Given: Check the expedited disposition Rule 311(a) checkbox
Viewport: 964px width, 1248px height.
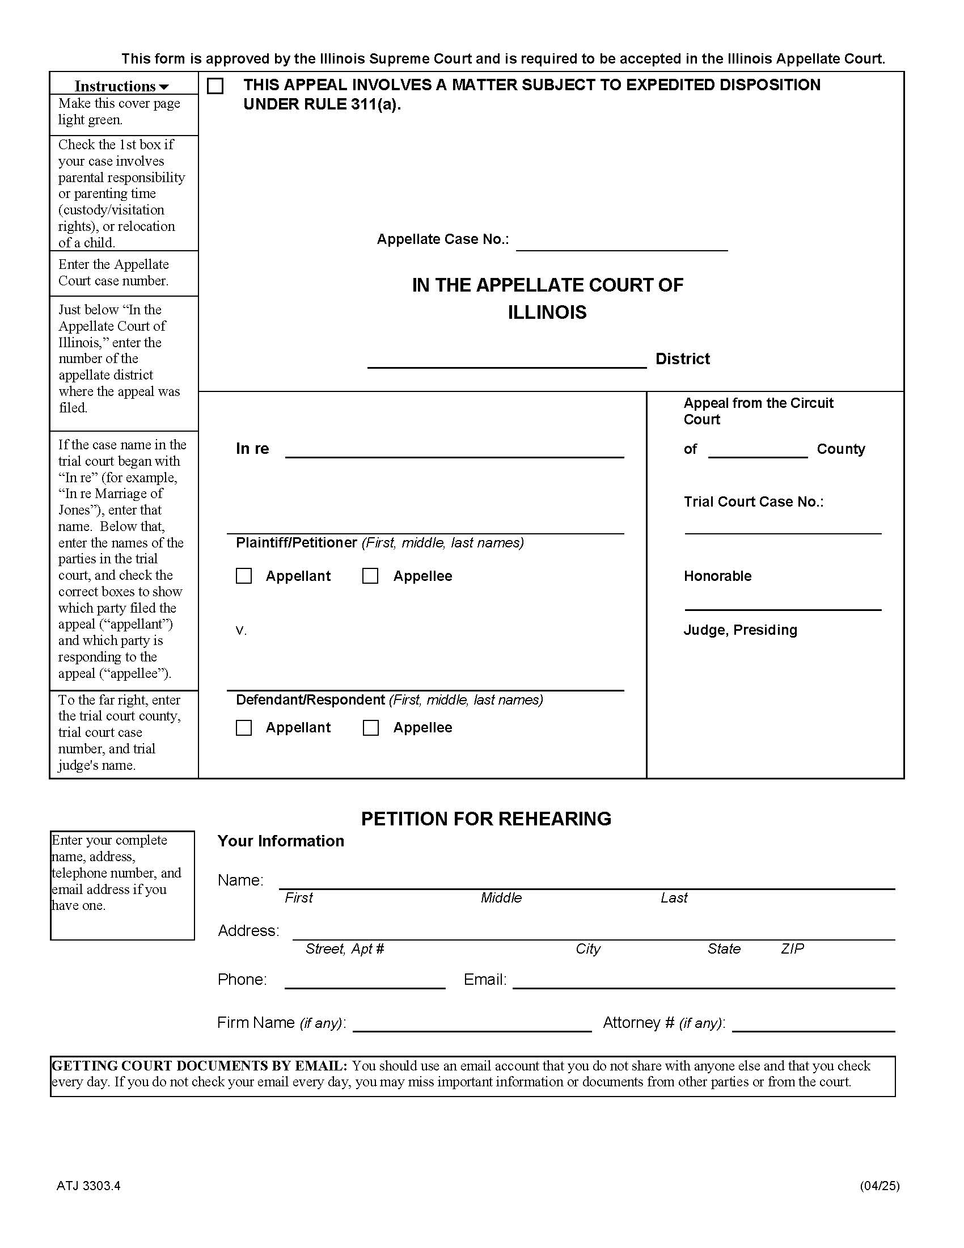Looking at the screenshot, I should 215,86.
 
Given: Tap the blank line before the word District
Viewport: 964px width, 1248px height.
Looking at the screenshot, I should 506,362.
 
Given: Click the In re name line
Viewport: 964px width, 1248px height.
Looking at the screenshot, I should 454,451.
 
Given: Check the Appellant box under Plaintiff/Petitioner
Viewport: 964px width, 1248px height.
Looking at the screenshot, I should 244,576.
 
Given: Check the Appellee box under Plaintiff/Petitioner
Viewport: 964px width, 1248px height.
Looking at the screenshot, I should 370,576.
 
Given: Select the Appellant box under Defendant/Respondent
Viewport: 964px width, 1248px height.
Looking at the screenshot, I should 244,727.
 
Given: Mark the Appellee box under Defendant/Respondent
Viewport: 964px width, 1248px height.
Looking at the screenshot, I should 371,727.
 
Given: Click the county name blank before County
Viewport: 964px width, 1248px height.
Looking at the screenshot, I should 757,452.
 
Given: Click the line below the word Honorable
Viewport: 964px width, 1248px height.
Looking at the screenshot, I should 783,604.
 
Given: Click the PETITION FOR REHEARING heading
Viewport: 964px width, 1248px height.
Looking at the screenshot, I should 486,819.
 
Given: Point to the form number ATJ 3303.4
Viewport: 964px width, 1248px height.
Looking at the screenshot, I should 88,1186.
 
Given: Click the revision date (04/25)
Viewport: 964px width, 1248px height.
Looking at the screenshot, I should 880,1186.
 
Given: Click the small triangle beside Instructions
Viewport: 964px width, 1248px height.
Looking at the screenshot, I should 164,87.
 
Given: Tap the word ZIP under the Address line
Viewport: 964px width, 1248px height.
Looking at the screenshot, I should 792,949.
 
